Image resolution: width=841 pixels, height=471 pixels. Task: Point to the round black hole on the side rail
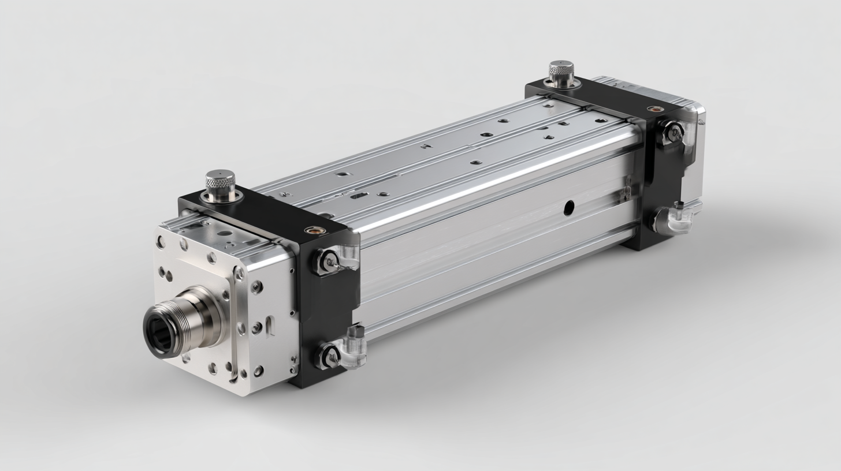[x=569, y=205]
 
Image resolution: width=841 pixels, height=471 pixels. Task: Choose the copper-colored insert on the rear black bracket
[x=653, y=108]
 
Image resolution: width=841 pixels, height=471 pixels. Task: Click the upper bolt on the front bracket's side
[x=326, y=261]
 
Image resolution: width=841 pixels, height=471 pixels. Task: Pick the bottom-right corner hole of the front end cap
[x=259, y=370]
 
